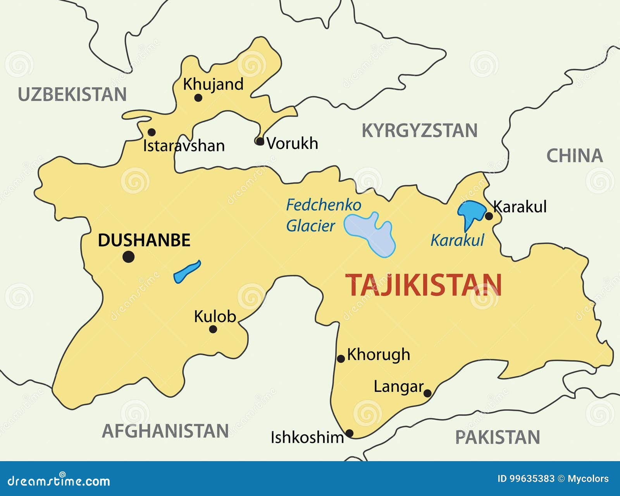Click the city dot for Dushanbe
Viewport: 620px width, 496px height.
[x=128, y=257]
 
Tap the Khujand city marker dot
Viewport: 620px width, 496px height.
[x=198, y=98]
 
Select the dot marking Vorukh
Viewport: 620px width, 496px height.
[x=260, y=141]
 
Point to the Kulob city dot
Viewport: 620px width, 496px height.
[x=213, y=329]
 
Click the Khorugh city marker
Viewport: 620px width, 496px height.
[x=341, y=359]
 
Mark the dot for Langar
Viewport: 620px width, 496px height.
[x=427, y=393]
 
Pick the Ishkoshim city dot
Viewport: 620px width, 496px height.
[x=349, y=433]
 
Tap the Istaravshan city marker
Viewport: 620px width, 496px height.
[x=152, y=132]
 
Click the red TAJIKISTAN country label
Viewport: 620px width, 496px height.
[x=423, y=285]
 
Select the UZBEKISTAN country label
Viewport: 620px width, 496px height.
[x=72, y=95]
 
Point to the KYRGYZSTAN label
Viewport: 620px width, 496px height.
[x=419, y=131]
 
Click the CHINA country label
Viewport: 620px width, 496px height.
[x=575, y=156]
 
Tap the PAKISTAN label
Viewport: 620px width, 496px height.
[x=497, y=437]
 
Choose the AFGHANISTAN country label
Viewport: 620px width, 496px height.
[x=165, y=431]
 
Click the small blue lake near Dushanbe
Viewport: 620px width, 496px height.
[x=186, y=272]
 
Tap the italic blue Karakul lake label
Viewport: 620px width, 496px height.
[x=457, y=241]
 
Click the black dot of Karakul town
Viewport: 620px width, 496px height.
[x=489, y=216]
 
